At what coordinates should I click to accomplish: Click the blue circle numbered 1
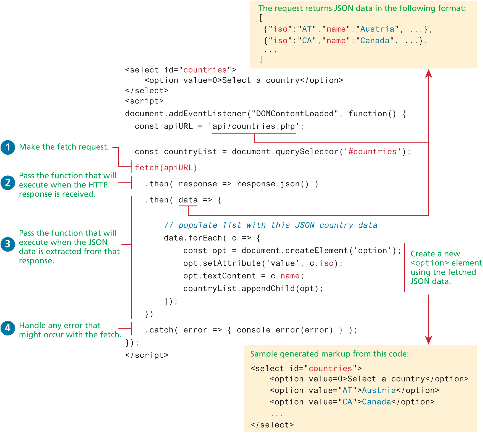point(8,147)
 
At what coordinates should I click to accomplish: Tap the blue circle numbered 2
point(8,183)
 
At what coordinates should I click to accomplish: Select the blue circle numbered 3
point(8,244)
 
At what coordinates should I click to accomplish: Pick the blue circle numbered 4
point(8,328)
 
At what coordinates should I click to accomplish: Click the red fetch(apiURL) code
point(166,168)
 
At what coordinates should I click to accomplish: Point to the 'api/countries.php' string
point(254,126)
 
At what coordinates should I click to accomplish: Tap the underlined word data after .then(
point(188,200)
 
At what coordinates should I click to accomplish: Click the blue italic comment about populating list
point(271,225)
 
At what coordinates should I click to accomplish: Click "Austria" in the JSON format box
point(377,29)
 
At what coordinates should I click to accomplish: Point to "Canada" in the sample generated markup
point(376,402)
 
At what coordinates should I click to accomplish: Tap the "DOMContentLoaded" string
point(295,114)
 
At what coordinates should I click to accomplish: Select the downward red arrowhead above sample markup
point(428,340)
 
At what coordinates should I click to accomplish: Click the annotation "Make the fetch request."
point(64,147)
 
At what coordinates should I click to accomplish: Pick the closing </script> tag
point(147,355)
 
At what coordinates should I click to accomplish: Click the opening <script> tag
point(144,101)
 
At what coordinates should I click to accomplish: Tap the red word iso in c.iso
point(327,263)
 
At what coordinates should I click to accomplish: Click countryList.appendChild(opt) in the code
point(253,289)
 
